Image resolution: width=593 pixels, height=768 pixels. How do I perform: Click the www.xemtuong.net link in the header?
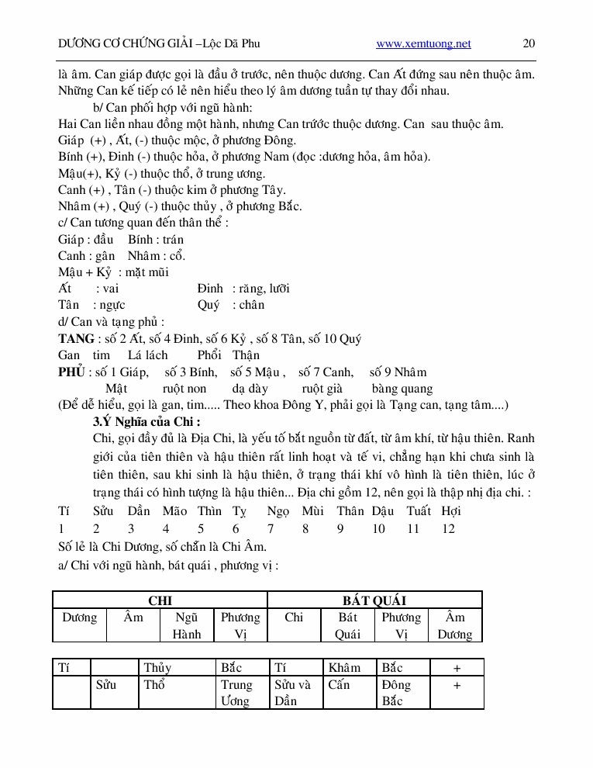point(423,44)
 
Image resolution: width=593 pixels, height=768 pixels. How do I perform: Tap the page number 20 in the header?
point(529,44)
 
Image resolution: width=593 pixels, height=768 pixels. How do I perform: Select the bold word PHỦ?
point(71,372)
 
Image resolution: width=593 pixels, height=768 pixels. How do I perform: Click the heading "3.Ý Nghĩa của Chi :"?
point(147,423)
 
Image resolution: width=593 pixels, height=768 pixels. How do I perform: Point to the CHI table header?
point(160,600)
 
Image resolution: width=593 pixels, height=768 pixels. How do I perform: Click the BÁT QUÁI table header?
point(374,600)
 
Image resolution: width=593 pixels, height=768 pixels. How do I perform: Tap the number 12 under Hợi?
point(448,529)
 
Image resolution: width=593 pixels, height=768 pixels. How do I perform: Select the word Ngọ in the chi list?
point(278,511)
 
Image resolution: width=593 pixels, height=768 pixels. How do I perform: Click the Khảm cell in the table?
point(344,668)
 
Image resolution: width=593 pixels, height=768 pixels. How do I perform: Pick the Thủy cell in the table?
point(157,668)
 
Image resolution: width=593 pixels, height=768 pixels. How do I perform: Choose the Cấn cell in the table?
point(339,685)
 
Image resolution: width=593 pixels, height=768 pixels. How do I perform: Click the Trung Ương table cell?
point(236,693)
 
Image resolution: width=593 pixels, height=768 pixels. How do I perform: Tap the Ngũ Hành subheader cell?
point(187,625)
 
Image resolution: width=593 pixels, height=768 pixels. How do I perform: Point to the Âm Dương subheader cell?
point(454,625)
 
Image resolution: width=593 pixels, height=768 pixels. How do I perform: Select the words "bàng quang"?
point(402,389)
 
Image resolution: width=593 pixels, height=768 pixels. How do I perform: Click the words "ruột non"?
point(184,389)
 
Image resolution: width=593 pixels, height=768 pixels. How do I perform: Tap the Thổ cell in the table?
point(154,685)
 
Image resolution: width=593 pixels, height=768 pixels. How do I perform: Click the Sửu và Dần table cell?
point(292,693)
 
